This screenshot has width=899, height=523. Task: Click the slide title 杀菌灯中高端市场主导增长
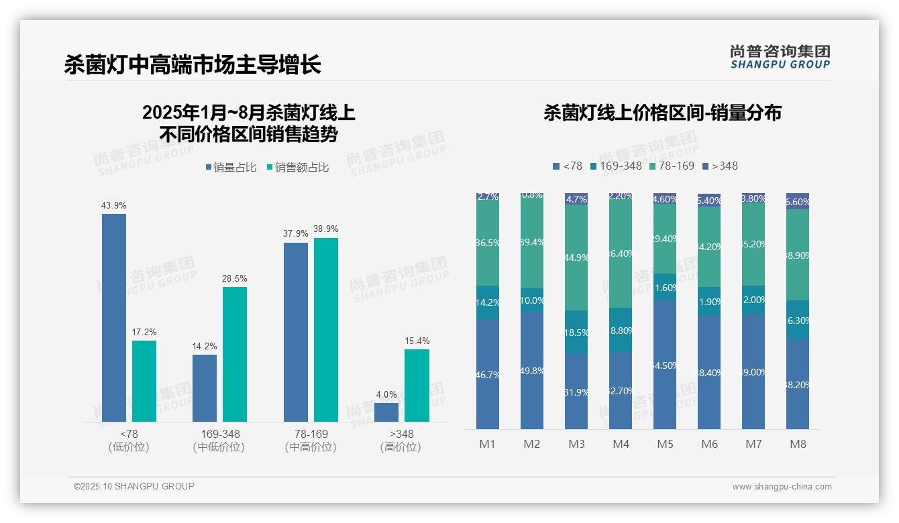[193, 64]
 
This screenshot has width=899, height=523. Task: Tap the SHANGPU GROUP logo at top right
[780, 56]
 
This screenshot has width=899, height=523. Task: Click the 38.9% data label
[326, 229]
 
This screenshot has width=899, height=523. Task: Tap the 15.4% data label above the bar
[417, 341]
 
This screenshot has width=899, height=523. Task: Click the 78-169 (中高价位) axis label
[311, 441]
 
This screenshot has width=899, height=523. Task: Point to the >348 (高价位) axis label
[401, 441]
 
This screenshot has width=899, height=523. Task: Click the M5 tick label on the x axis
[665, 444]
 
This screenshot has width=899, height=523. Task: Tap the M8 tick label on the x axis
[798, 444]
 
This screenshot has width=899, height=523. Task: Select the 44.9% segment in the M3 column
[576, 257]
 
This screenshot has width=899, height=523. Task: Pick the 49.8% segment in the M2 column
[532, 370]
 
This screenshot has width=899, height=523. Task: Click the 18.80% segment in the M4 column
[621, 330]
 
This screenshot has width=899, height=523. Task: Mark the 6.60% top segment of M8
[798, 202]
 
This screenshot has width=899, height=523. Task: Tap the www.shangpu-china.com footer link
[782, 487]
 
